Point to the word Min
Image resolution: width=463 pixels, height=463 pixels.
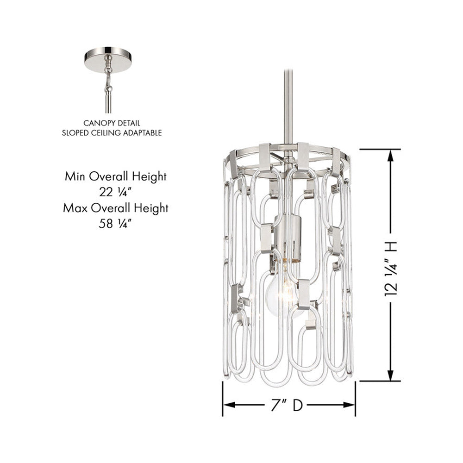(x=75, y=176)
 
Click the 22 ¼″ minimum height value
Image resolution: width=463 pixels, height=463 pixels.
(x=115, y=192)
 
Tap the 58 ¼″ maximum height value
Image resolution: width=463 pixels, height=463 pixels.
(x=114, y=224)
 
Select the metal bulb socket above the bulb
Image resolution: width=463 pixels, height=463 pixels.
(x=288, y=238)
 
